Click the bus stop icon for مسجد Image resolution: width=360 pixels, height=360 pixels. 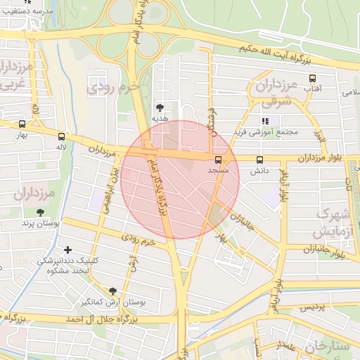tap(217, 160)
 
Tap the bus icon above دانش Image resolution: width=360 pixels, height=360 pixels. tap(260, 160)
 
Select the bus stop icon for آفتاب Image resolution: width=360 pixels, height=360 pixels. tap(312, 79)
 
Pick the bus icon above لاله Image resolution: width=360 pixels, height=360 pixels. tap(62, 137)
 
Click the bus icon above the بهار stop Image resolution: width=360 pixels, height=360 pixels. tap(22, 124)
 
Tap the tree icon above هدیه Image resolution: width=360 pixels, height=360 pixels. tap(160, 108)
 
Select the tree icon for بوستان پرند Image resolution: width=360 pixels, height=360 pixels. tap(39, 212)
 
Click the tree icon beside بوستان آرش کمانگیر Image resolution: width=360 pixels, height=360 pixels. tap(112, 291)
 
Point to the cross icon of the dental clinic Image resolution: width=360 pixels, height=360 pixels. tap(67, 250)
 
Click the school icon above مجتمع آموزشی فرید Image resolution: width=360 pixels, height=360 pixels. tap(265, 121)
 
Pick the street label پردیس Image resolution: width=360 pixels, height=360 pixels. tap(314, 308)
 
